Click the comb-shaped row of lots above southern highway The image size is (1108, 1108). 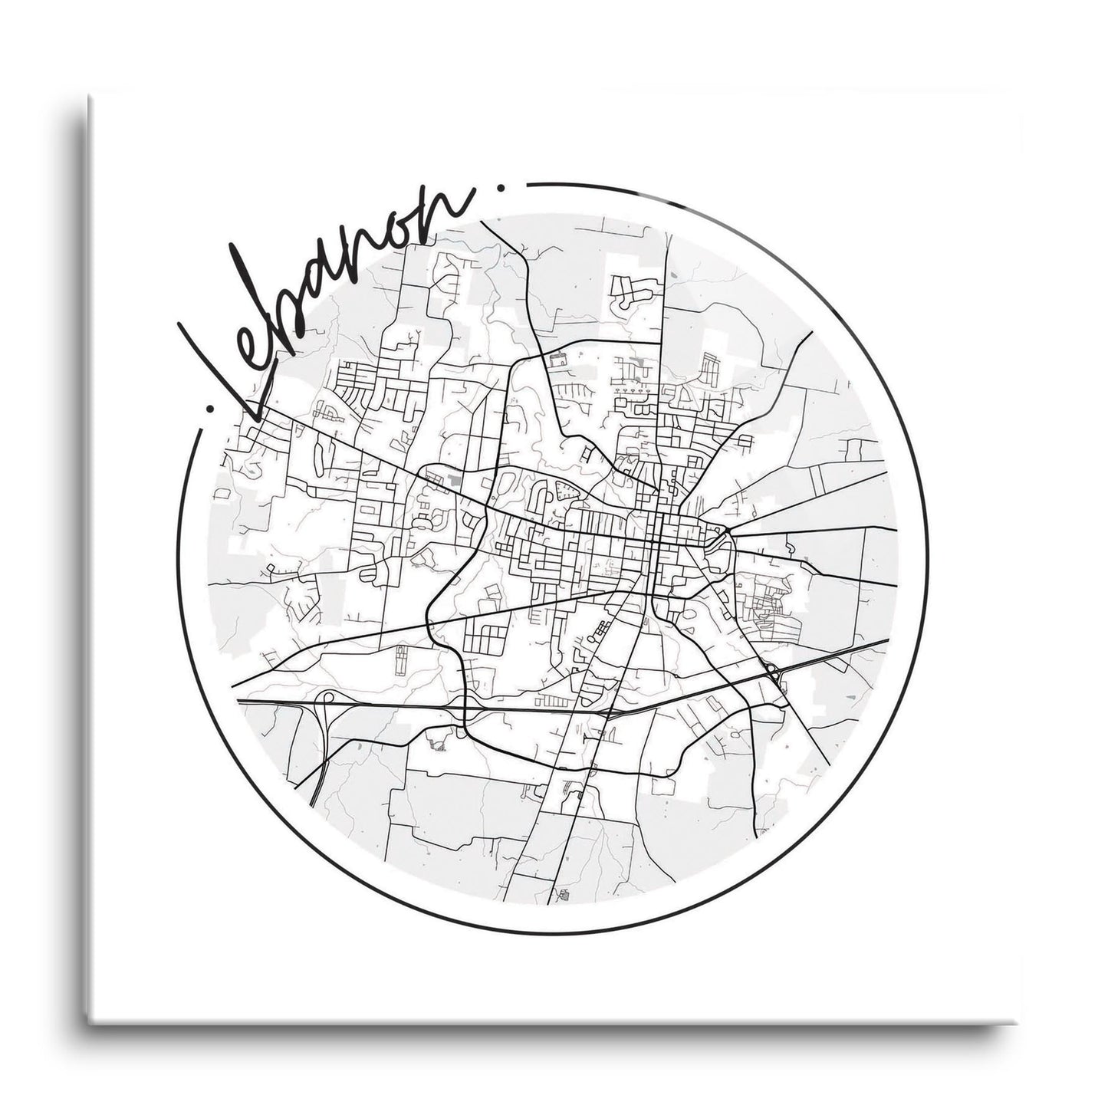click(551, 701)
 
